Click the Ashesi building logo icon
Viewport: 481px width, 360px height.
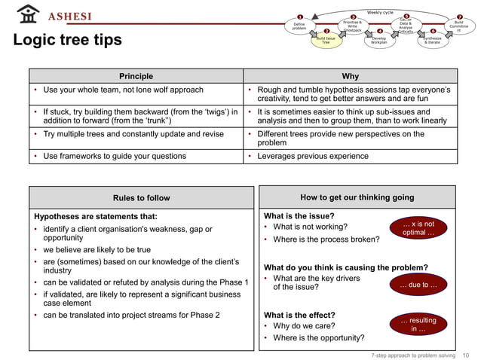point(27,14)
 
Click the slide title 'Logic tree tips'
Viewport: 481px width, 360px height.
point(67,41)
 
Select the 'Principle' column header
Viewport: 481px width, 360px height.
point(136,76)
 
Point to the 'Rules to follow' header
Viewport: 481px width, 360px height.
point(141,198)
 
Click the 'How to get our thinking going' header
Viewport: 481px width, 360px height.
point(357,197)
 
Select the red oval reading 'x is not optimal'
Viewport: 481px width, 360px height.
point(418,228)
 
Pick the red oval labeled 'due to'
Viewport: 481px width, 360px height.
point(418,285)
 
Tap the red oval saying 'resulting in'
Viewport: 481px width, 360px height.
point(418,325)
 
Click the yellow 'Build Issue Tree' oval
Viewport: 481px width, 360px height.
point(326,41)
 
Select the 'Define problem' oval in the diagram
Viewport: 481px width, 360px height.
point(299,26)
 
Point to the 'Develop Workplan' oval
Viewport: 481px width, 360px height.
point(379,41)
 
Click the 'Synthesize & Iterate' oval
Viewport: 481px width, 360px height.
point(433,41)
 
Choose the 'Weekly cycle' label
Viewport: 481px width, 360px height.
point(379,12)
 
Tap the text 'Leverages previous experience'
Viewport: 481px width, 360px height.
point(313,156)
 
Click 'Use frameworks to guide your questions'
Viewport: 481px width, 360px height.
point(114,156)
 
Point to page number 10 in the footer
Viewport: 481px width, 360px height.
point(465,354)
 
